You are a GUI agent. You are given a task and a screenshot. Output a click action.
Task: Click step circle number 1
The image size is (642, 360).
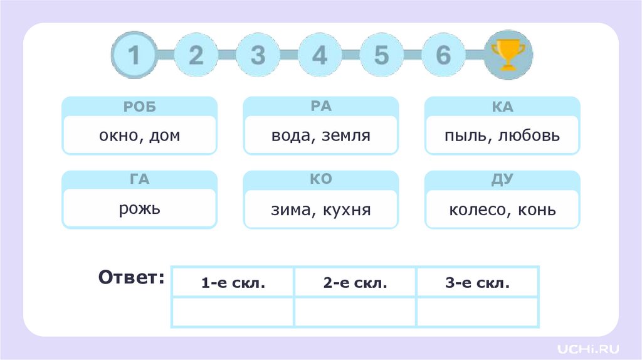pyautogui.click(x=134, y=55)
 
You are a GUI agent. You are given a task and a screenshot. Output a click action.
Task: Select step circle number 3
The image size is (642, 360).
pyautogui.click(x=258, y=55)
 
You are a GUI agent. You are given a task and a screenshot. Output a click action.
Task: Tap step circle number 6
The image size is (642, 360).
pyautogui.click(x=443, y=55)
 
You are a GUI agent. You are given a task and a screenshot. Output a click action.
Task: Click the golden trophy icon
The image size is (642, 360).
pyautogui.click(x=508, y=55)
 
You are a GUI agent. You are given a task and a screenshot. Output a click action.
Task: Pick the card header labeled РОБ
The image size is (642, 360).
pyautogui.click(x=139, y=107)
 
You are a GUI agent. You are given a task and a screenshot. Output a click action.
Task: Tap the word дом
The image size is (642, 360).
pyautogui.click(x=165, y=135)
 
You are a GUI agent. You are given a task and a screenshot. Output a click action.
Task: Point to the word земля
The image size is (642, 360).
pyautogui.click(x=346, y=135)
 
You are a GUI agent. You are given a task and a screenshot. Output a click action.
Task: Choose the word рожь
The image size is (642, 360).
pyautogui.click(x=139, y=208)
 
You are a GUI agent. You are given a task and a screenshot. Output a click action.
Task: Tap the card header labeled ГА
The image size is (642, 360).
pyautogui.click(x=139, y=180)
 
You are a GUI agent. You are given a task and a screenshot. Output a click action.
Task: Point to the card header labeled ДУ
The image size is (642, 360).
pyautogui.click(x=502, y=180)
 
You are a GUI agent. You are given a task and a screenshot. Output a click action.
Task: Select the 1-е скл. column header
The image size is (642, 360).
pyautogui.click(x=233, y=283)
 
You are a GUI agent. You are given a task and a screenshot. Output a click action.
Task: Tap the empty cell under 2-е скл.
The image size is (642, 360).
pyautogui.click(x=355, y=312)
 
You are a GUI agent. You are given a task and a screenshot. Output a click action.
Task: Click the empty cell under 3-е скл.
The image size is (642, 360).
pyautogui.click(x=477, y=312)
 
